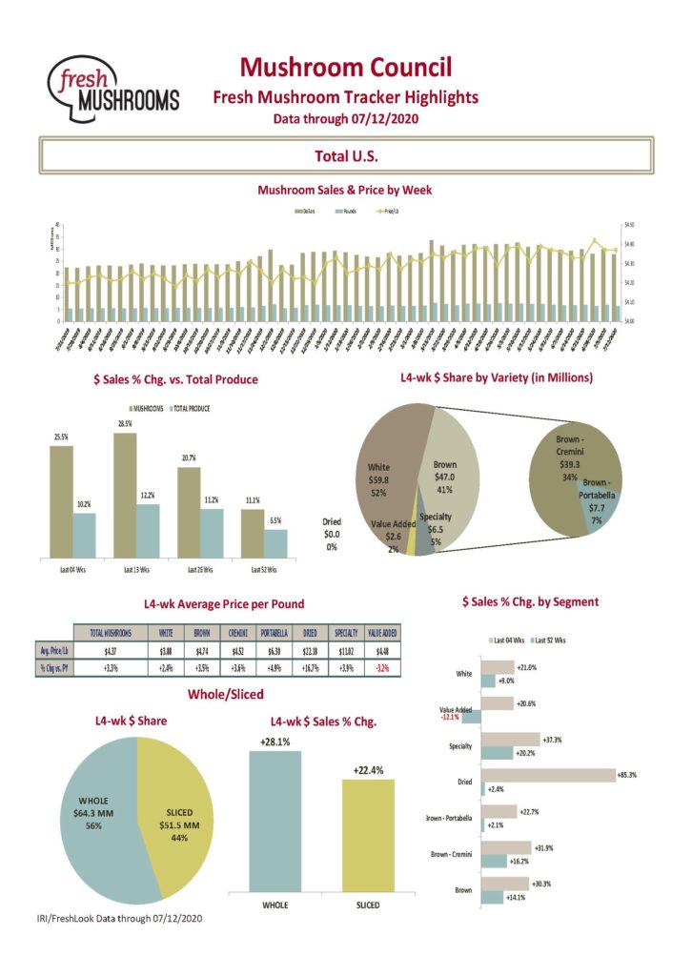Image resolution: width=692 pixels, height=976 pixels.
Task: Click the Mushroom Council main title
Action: (345, 67)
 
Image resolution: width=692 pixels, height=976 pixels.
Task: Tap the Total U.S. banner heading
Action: (346, 155)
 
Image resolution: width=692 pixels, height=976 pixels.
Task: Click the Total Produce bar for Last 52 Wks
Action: (275, 542)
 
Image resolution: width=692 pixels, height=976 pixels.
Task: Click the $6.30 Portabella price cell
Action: (270, 652)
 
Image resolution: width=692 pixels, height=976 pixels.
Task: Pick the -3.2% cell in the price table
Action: (383, 667)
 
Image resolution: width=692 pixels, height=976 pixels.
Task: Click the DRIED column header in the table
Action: (311, 633)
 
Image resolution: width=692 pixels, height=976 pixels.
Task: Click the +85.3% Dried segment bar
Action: (548, 775)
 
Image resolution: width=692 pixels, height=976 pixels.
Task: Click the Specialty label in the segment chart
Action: (460, 745)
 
